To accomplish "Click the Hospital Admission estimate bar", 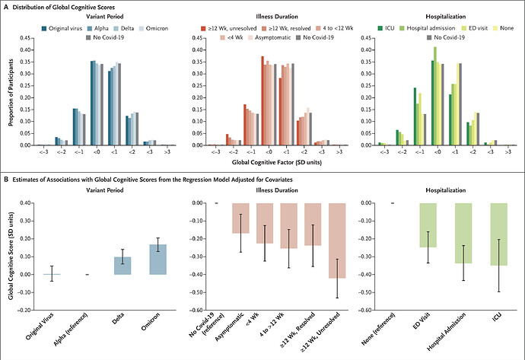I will [463, 233].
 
